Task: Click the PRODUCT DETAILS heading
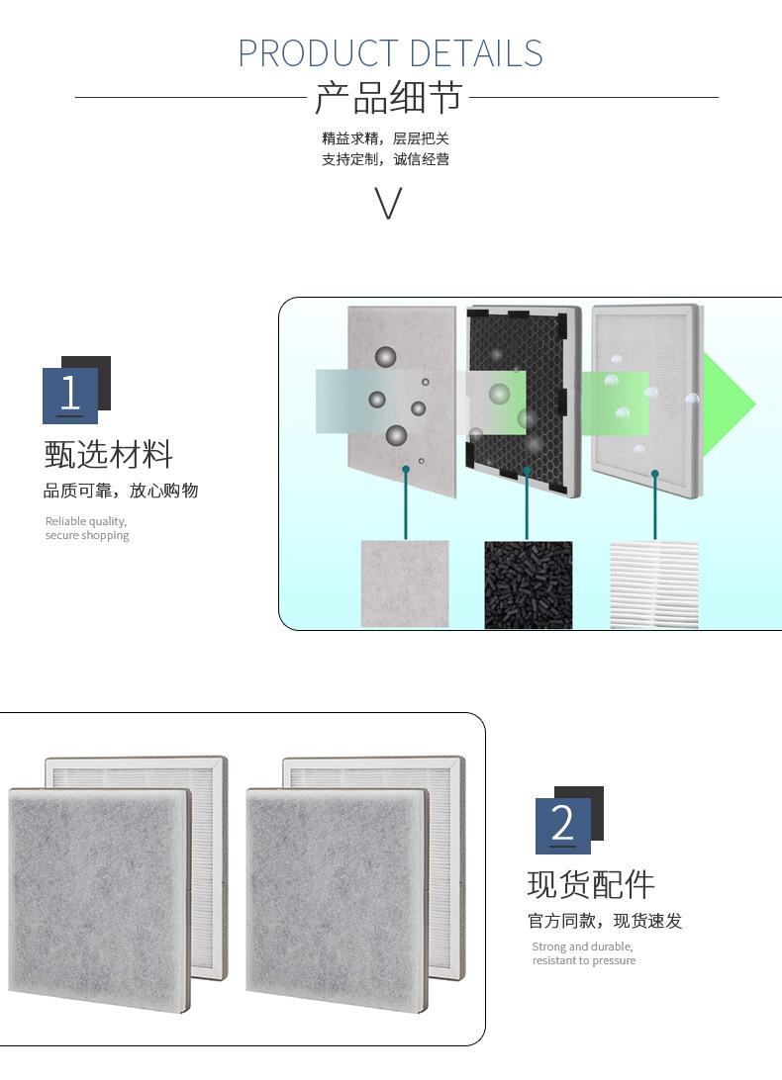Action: [x=390, y=52]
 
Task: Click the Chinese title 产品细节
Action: [x=389, y=98]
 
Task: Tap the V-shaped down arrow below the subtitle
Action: [x=389, y=203]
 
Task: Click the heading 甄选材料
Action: [x=109, y=455]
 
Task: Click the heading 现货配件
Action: [x=591, y=884]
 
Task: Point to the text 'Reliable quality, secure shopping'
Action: [x=87, y=528]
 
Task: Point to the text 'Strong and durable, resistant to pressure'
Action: [x=584, y=953]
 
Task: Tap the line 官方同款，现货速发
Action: [x=605, y=921]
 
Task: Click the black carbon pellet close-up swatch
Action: [x=528, y=584]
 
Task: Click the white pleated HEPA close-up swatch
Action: [x=654, y=584]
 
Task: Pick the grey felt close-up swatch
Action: [x=404, y=584]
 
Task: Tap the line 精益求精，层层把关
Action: [x=385, y=138]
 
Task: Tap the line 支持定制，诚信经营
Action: [x=385, y=159]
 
